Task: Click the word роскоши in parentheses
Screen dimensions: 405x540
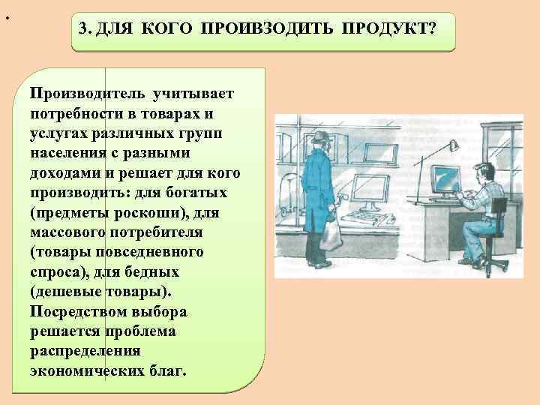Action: (147, 212)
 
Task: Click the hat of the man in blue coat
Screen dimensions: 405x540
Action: (320, 137)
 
